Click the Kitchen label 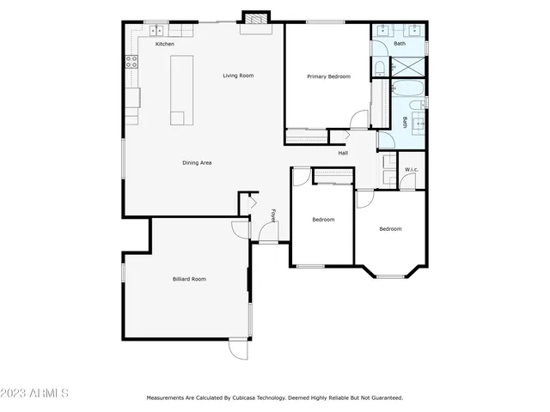tap(164, 44)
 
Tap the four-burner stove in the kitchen tap(132, 61)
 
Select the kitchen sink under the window tap(158, 31)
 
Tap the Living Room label tap(238, 76)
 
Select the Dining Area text tap(197, 162)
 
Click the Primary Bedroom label tap(328, 76)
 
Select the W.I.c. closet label tap(412, 169)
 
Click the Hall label tap(343, 153)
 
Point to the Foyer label tap(273, 215)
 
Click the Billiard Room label tap(189, 278)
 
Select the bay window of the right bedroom tap(391, 275)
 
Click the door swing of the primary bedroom tap(359, 121)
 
